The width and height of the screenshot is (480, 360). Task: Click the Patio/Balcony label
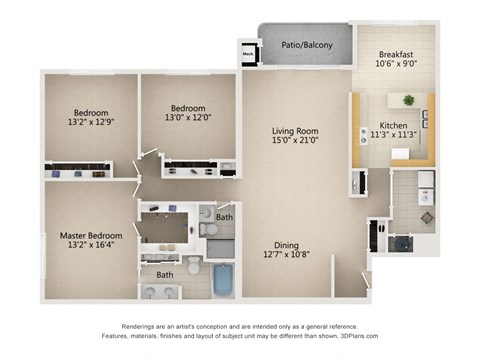point(306,43)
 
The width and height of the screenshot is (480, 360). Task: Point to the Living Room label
point(294,130)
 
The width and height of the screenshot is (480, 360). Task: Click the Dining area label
point(287,244)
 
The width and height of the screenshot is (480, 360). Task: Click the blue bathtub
point(222,280)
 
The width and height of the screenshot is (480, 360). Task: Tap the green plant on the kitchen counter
point(408,100)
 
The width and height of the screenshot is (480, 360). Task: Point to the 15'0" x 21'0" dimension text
point(294,141)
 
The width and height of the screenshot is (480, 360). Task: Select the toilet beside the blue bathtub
point(195,267)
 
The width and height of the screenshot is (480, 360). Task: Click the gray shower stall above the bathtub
point(221,248)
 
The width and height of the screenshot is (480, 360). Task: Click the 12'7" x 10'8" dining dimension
point(287,255)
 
